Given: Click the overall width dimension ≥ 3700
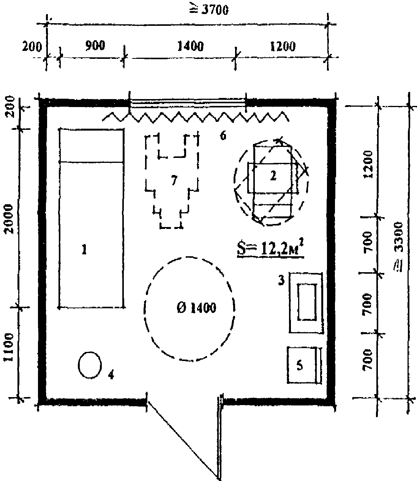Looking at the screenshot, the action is pos(209,10).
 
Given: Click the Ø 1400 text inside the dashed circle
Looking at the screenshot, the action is pos(196,308).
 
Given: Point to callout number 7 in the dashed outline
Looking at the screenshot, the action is pos(174,180).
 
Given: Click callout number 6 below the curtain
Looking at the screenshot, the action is pos(223,135).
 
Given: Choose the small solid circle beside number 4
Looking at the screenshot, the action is pos(90,365).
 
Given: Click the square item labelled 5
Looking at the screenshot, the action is pos(302,365).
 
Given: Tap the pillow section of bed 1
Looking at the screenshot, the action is pos(92,146).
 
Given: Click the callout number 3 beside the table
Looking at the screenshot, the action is pos(281,281).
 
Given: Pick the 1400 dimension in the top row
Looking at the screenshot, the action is pos(190,46).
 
